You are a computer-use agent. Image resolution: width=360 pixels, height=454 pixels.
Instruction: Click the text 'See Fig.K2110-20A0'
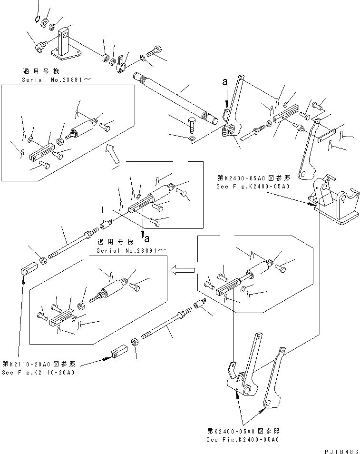pyautogui.click(x=38, y=372)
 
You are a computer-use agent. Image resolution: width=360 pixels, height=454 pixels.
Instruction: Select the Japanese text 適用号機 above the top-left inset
pyautogui.click(x=38, y=71)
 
